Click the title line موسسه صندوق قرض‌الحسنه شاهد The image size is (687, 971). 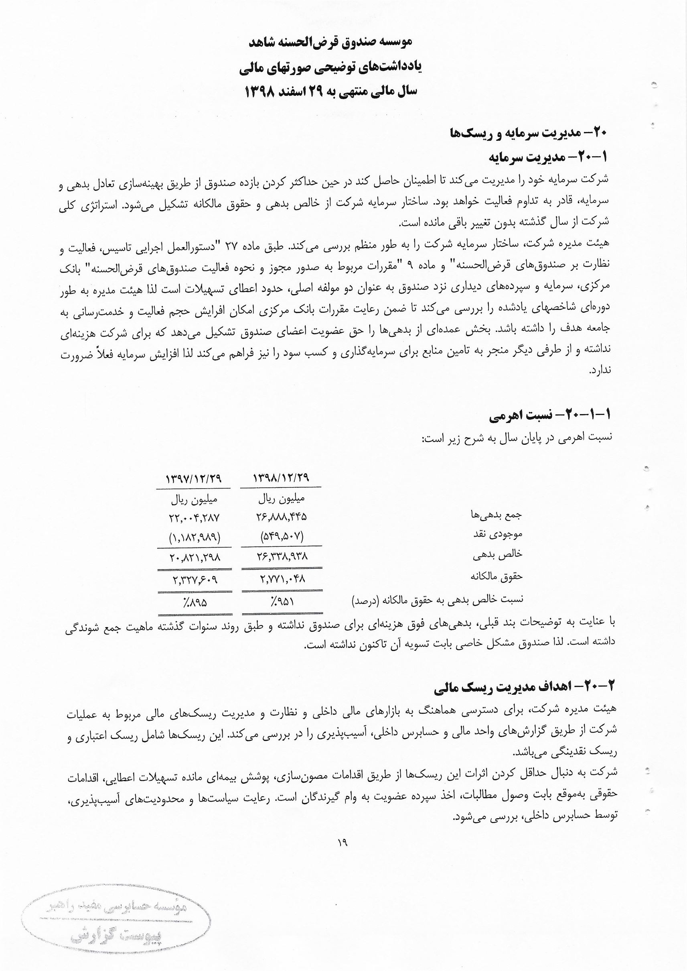(x=331, y=42)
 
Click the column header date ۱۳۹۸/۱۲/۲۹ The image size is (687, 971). (x=281, y=478)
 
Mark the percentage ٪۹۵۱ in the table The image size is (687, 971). (x=282, y=601)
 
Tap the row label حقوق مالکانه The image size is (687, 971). (x=497, y=576)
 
